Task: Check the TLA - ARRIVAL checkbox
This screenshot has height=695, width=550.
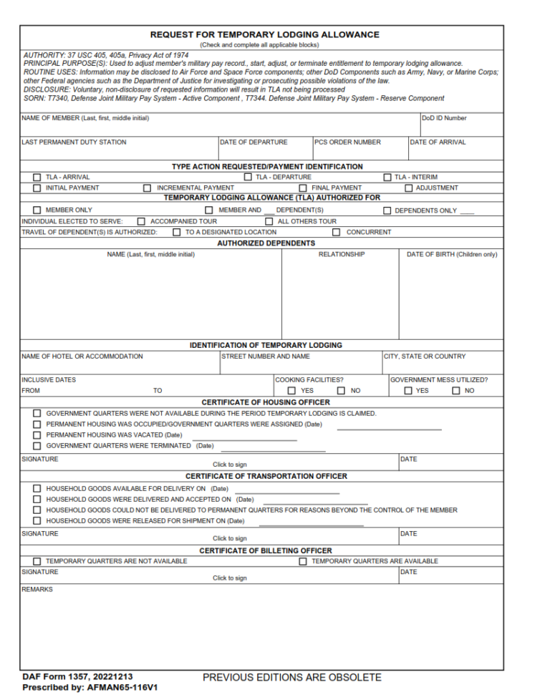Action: (x=37, y=177)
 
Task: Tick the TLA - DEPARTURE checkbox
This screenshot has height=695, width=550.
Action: (x=248, y=177)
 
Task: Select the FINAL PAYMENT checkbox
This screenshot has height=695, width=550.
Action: (x=302, y=188)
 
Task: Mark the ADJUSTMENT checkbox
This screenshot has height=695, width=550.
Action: (x=409, y=188)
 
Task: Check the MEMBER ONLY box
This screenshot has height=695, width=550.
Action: (x=37, y=210)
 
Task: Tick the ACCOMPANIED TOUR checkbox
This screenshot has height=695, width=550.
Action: (x=141, y=221)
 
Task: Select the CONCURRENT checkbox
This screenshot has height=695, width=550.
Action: (x=336, y=232)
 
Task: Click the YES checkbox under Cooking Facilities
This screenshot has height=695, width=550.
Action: (x=291, y=391)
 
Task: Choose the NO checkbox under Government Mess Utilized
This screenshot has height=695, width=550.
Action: (x=455, y=391)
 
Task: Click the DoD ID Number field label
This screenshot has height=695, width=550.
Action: (x=444, y=118)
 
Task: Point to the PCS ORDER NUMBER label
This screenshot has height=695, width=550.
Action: (x=348, y=142)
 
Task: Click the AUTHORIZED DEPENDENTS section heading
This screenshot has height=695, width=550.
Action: (x=266, y=243)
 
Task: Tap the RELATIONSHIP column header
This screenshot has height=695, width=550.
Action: (x=342, y=254)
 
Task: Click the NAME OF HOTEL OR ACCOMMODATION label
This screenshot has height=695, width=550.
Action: (x=82, y=356)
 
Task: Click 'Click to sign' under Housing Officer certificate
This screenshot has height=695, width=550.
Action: (x=229, y=465)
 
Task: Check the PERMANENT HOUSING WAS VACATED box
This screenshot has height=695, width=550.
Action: (x=37, y=435)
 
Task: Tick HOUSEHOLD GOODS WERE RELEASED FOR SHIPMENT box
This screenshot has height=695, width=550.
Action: (x=37, y=520)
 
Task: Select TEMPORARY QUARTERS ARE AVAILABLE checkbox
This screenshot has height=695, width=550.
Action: (x=303, y=561)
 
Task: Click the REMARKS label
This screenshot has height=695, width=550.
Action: (x=37, y=590)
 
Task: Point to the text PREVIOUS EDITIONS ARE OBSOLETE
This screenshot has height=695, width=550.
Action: (x=292, y=677)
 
